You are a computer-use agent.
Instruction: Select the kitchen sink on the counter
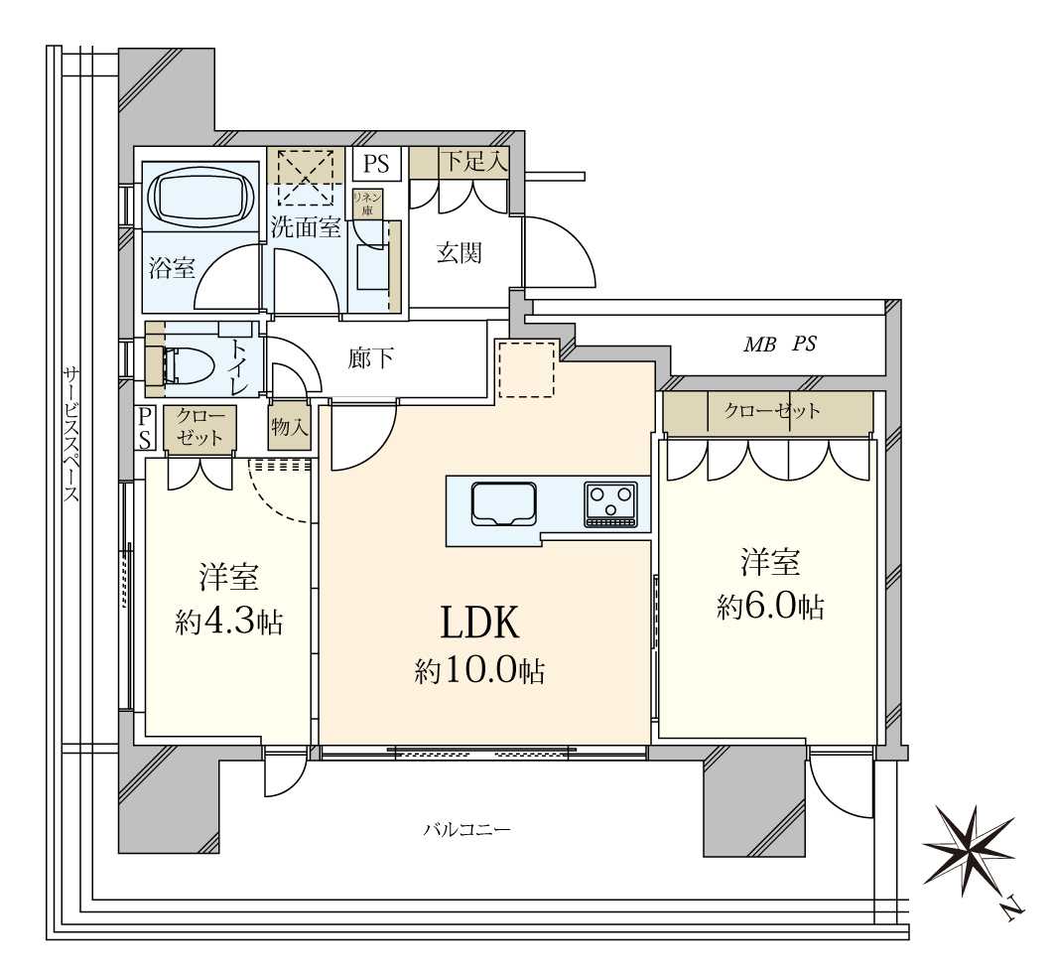[x=503, y=503]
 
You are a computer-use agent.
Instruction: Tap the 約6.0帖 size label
[x=769, y=608]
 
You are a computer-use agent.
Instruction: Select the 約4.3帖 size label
[x=228, y=623]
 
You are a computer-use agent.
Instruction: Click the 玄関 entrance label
[x=460, y=253]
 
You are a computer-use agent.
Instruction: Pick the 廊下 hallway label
[x=371, y=358]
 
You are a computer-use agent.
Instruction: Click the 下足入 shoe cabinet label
[x=472, y=162]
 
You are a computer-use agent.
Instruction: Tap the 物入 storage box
[x=290, y=426]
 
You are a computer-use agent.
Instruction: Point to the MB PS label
[x=780, y=344]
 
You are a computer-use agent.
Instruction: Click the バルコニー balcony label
[x=466, y=830]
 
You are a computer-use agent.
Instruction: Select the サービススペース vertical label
[x=71, y=434]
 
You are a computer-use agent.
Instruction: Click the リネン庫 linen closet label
[x=367, y=203]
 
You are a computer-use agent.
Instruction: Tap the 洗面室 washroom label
[x=306, y=226]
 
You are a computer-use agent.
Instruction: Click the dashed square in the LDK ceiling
[x=526, y=369]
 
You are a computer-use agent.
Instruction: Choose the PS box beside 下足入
[x=377, y=163]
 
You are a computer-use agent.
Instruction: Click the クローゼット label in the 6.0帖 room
[x=771, y=410]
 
